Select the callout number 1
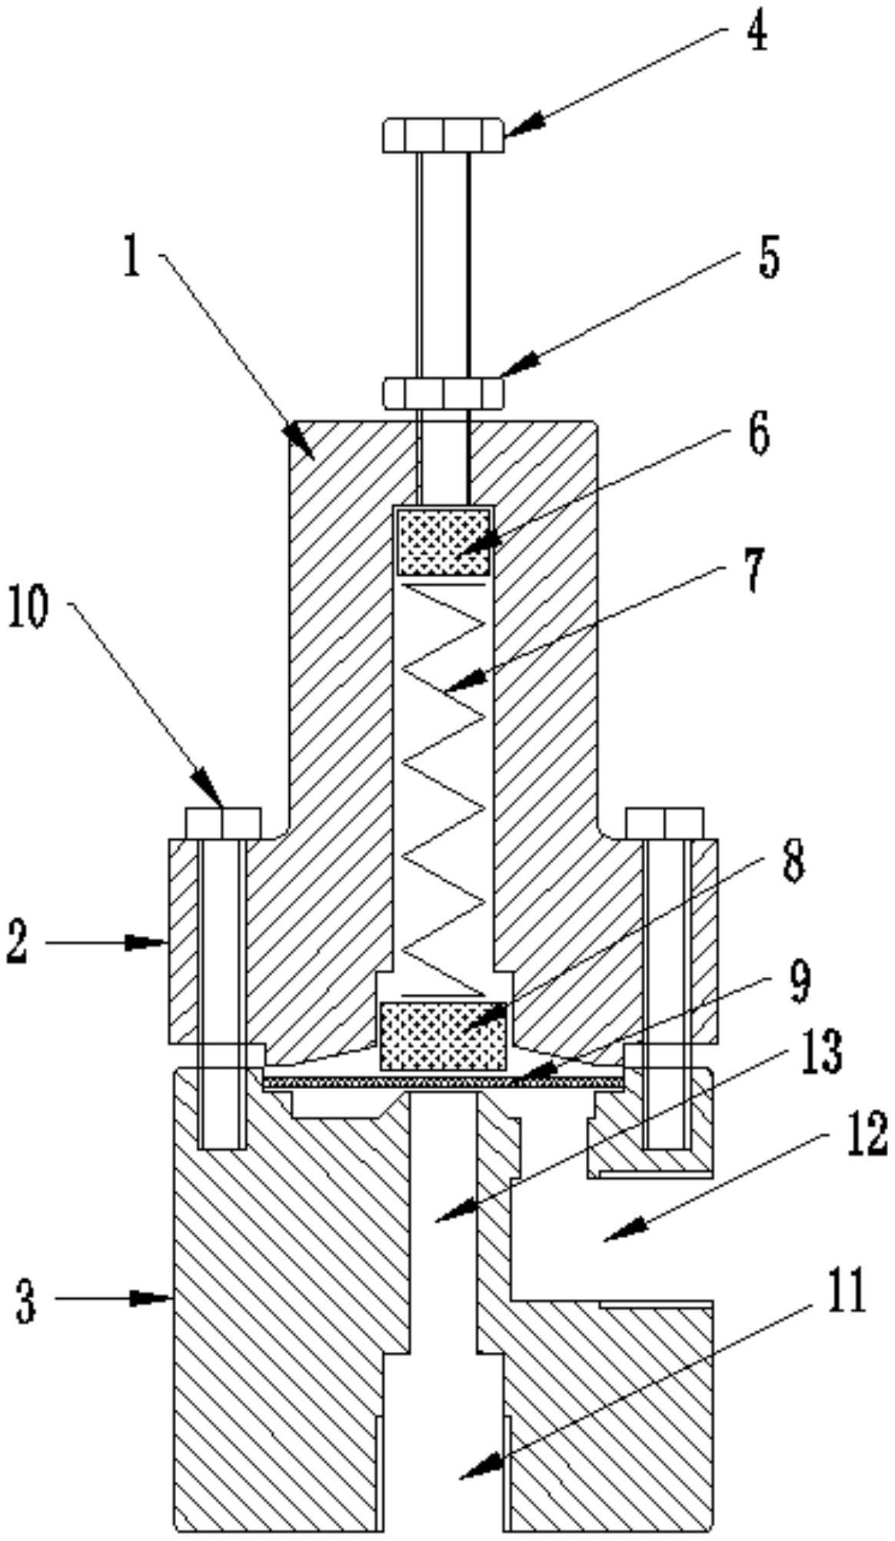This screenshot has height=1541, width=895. pyautogui.click(x=132, y=257)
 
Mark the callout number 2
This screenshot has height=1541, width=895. pyautogui.click(x=17, y=943)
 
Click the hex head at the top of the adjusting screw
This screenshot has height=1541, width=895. pyautogui.click(x=444, y=135)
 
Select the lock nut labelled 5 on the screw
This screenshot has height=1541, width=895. pyautogui.click(x=444, y=391)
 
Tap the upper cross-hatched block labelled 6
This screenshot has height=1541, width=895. pyautogui.click(x=442, y=541)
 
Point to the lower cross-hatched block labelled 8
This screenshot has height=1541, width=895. pyautogui.click(x=444, y=1036)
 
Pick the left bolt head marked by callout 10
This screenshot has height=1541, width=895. pyautogui.click(x=223, y=822)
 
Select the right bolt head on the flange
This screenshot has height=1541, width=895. pyautogui.click(x=664, y=822)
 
